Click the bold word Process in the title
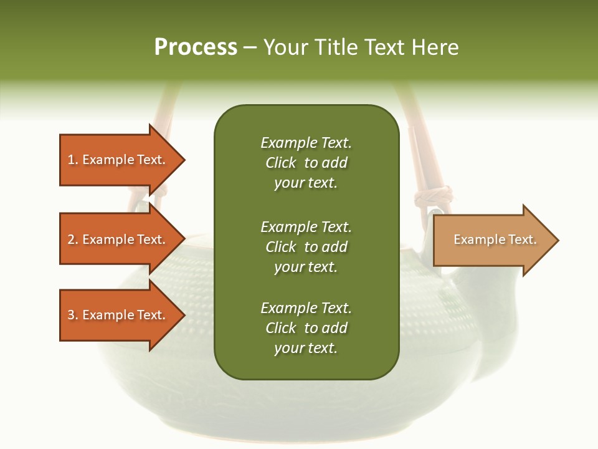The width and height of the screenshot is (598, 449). [x=196, y=47]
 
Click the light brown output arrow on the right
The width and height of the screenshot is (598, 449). [x=492, y=240]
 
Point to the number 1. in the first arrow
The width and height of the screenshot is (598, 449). [x=73, y=160]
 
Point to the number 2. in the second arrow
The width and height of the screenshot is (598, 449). [x=73, y=239]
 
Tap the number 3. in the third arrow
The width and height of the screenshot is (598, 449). [x=73, y=315]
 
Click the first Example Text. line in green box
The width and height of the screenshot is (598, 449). [x=306, y=143]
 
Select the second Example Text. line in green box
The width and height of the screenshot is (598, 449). [x=306, y=227]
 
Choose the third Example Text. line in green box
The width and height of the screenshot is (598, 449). [x=306, y=308]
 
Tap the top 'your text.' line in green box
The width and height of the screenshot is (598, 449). [x=306, y=183]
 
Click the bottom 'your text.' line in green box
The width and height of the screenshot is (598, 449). [x=306, y=348]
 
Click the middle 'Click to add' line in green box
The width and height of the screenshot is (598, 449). [x=306, y=247]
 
